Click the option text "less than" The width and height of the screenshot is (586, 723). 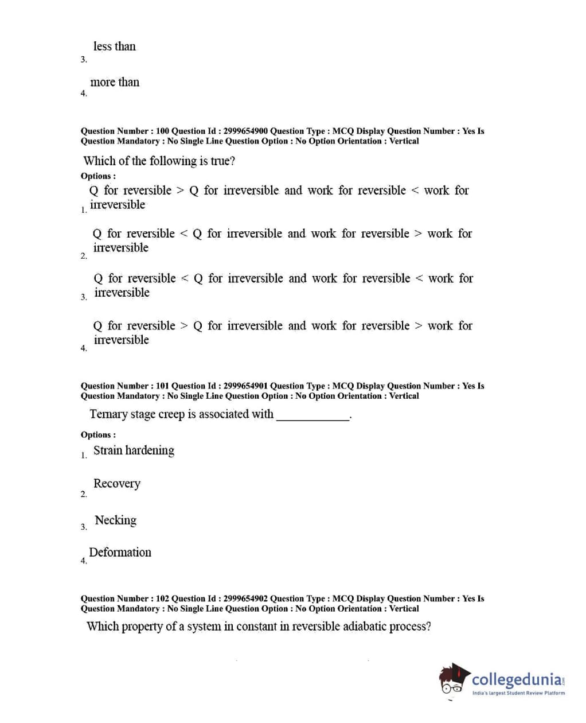115,46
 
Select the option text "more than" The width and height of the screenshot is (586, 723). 115,82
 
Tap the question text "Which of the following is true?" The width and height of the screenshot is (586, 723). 159,161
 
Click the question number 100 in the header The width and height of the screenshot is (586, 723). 162,131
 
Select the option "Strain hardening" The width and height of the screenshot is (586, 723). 134,450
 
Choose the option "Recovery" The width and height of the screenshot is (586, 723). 117,484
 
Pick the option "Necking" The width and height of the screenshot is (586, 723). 116,520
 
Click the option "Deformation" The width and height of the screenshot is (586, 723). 120,553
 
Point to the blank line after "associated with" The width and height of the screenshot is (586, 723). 313,417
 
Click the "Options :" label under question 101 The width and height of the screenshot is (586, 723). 98,434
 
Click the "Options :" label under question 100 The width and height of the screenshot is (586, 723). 98,176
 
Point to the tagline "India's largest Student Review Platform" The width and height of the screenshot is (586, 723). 518,693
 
